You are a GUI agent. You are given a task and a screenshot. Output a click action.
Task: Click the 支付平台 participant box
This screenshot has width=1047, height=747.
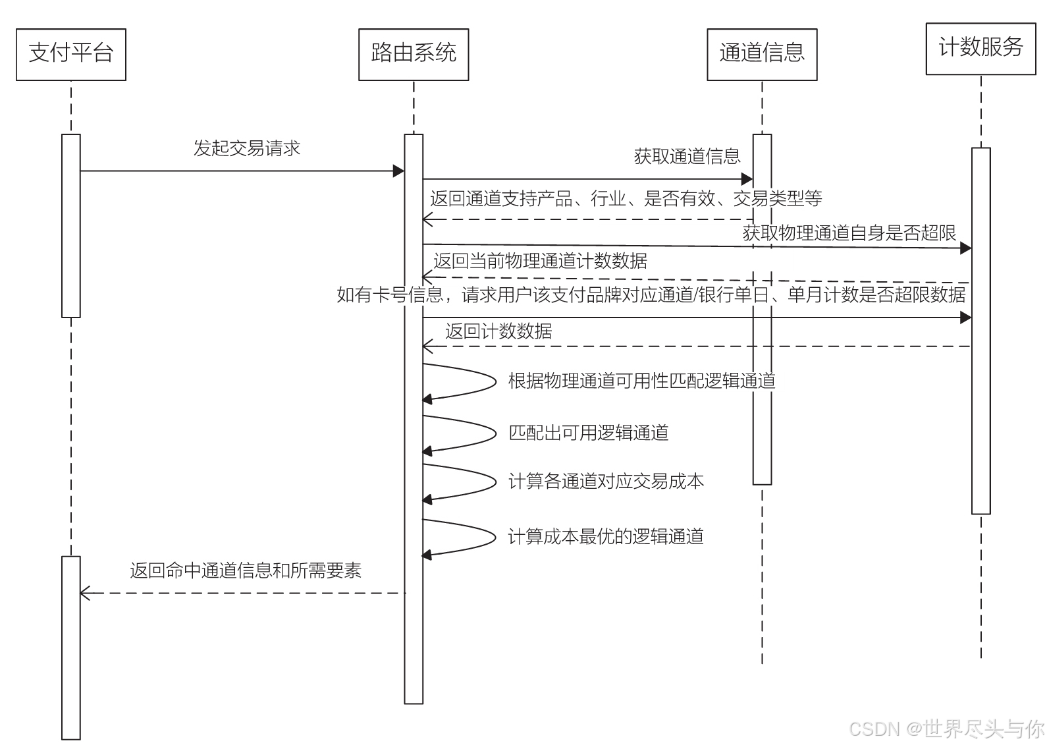pos(71,54)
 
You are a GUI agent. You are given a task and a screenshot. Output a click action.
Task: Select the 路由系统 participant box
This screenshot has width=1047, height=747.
pos(414,54)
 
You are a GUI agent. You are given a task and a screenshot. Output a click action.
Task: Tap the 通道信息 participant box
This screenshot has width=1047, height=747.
pos(762,54)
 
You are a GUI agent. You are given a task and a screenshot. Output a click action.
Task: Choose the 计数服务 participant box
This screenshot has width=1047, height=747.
pos(980,48)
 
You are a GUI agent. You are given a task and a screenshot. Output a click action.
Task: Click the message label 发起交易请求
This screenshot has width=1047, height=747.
pos(247,148)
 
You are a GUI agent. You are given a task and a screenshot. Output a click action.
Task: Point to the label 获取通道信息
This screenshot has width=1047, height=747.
pos(687,156)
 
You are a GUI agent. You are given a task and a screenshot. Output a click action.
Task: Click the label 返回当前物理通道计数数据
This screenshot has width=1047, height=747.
pos(540,261)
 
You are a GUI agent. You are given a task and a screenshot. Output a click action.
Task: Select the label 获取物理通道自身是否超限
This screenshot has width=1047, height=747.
pos(849,233)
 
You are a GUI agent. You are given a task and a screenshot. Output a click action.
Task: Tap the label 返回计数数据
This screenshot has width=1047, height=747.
pos(498,331)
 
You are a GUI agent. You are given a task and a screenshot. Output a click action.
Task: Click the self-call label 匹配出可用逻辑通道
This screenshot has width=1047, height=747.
pos(589,433)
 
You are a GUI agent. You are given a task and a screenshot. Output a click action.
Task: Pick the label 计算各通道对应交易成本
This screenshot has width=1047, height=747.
pos(606,482)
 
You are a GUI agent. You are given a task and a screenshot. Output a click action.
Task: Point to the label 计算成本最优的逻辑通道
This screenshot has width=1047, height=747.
pos(606,536)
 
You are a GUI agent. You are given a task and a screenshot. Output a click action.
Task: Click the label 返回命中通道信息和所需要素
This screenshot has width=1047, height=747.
pos(246,570)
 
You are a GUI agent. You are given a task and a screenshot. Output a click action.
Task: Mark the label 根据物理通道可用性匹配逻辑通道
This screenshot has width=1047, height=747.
pos(641,381)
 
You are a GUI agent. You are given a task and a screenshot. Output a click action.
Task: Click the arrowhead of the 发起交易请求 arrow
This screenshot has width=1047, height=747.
pos(398,171)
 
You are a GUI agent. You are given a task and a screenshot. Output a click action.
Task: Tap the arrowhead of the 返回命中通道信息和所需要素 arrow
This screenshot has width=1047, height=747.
pos(85,593)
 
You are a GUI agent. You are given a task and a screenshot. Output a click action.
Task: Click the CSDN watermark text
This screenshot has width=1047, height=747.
pos(946,729)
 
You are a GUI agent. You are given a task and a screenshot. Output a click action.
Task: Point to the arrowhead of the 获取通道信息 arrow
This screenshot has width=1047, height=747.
pos(747,179)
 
